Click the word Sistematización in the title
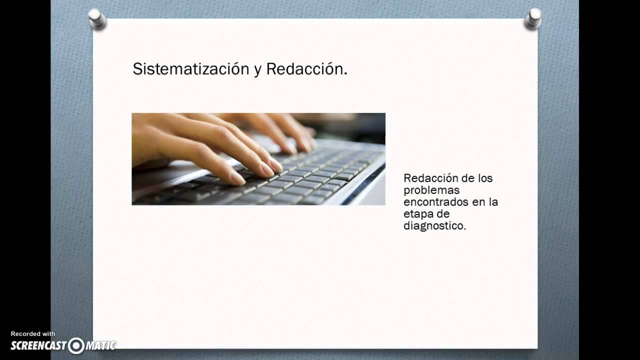coord(190,69)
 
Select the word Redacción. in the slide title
coord(306,69)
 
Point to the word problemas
coord(431,190)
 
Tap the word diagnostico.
coord(434,226)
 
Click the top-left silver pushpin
coord(97,18)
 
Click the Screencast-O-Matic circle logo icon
coord(76,345)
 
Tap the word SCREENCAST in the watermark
coord(39,345)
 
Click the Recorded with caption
coord(33,334)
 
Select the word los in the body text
coord(485,178)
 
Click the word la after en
coord(493,202)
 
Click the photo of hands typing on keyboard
coord(258,159)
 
